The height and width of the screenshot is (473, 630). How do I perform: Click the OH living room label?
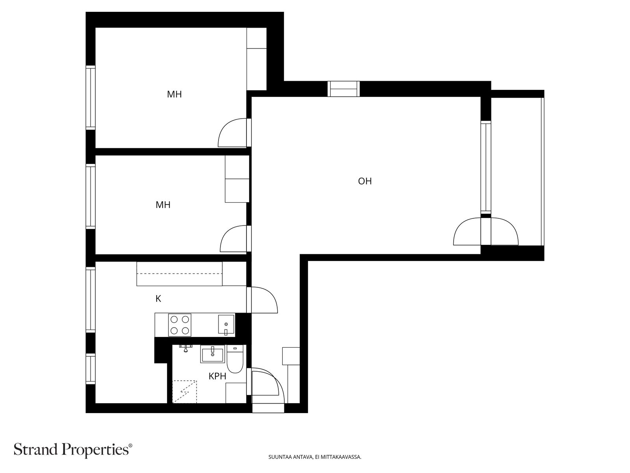pyautogui.click(x=365, y=181)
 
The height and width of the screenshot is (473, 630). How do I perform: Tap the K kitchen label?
pyautogui.click(x=158, y=299)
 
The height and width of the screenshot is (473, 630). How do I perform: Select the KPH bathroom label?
pyautogui.click(x=217, y=376)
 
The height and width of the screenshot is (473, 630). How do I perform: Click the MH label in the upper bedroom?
pyautogui.click(x=174, y=95)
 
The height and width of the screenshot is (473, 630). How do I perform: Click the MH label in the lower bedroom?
pyautogui.click(x=163, y=205)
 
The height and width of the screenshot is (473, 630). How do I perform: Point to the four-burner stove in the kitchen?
pyautogui.click(x=180, y=325)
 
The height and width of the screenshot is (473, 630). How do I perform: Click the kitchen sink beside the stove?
pyautogui.click(x=226, y=325)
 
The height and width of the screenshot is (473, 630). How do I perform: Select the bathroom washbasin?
pyautogui.click(x=212, y=353)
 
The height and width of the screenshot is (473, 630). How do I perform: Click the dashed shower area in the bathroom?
pyautogui.click(x=184, y=391)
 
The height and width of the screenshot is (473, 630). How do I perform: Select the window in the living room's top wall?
pyautogui.click(x=343, y=89)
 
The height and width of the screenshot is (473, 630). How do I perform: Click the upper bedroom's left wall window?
pyautogui.click(x=91, y=98)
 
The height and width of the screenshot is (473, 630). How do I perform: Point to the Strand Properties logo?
pyautogui.click(x=73, y=449)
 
